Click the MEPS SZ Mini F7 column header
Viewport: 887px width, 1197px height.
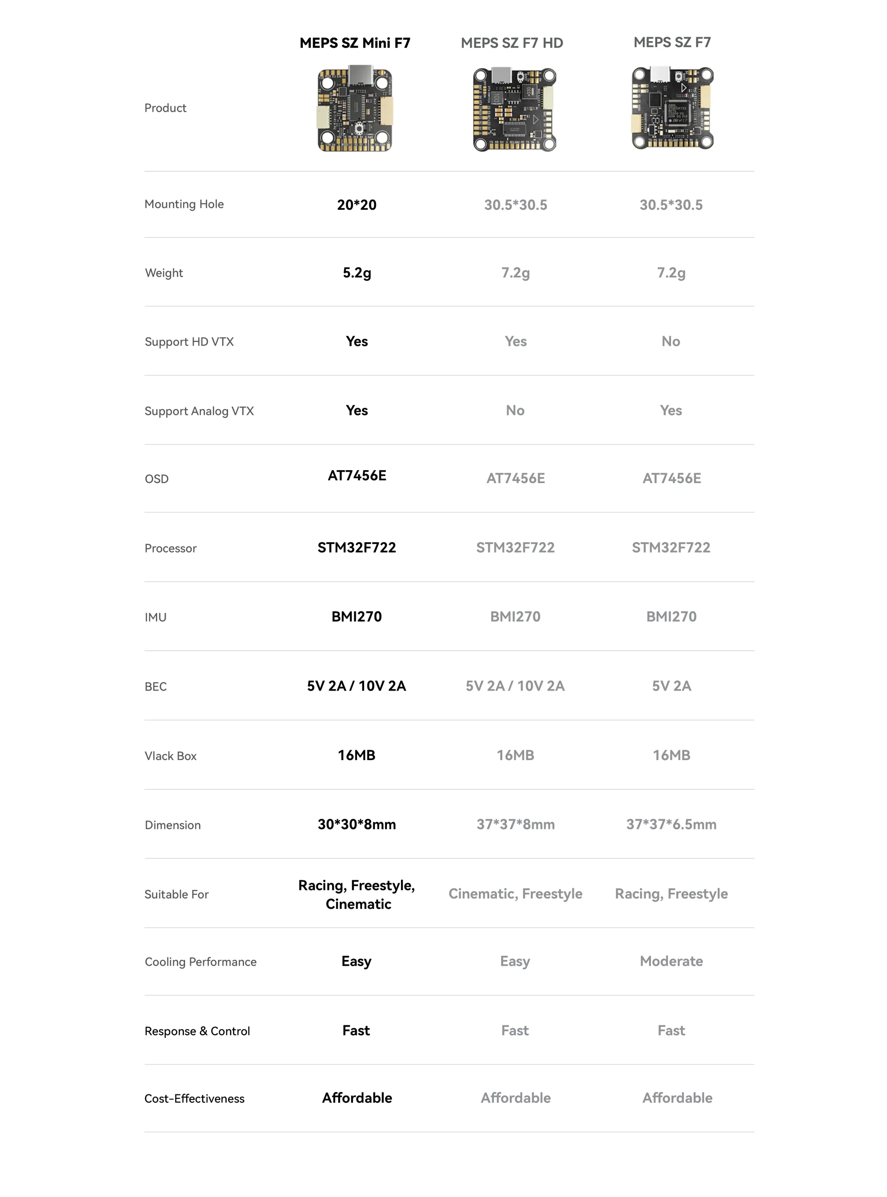(355, 43)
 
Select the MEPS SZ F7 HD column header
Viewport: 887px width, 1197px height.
(512, 43)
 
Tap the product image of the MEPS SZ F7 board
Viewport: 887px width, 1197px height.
(672, 108)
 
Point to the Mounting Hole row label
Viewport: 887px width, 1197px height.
(184, 204)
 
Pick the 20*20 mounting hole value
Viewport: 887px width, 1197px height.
(357, 205)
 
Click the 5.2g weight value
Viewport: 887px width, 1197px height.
(357, 273)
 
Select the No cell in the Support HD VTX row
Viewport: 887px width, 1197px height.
(671, 341)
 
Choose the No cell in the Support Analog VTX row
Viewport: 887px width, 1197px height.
(515, 410)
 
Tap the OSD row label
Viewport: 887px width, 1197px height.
(156, 479)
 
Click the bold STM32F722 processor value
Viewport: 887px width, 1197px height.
(357, 547)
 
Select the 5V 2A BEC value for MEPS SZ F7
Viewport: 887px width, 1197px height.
(671, 686)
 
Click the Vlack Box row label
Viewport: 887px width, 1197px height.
(170, 756)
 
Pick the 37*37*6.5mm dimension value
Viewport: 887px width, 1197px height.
(671, 824)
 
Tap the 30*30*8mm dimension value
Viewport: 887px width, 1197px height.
(357, 824)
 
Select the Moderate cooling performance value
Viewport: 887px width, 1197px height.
(671, 961)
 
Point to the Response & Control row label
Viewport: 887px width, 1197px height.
(197, 1031)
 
